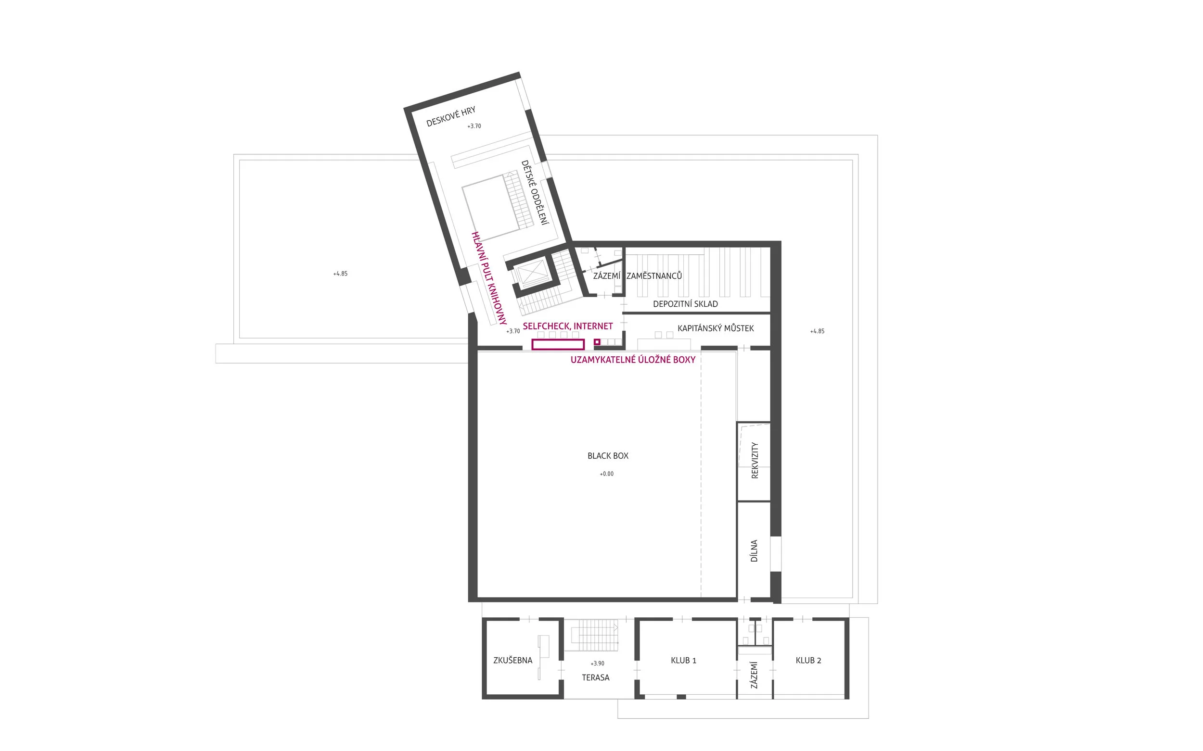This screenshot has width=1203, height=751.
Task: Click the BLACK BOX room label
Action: click(x=608, y=455)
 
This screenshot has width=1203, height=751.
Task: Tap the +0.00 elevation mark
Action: click(x=606, y=474)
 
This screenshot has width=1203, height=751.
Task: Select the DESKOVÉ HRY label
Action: click(x=451, y=116)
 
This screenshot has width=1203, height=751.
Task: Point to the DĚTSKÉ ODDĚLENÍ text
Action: click(x=535, y=192)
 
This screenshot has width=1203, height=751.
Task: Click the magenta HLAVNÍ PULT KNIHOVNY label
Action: click(x=488, y=278)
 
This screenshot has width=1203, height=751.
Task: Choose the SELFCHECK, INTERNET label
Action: click(x=568, y=326)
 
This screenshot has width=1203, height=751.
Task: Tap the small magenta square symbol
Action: click(x=597, y=342)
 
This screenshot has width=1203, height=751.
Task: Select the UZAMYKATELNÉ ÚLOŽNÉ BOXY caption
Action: click(x=633, y=360)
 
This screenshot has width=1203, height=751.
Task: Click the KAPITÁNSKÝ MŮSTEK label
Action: click(x=716, y=328)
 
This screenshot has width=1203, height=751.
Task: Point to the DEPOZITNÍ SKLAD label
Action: click(x=685, y=304)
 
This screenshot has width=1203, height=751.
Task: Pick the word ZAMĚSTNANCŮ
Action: click(x=654, y=276)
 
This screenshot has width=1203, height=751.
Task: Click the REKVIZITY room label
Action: click(x=755, y=461)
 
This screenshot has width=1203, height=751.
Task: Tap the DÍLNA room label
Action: click(x=754, y=551)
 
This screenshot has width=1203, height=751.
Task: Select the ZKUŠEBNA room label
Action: click(x=512, y=661)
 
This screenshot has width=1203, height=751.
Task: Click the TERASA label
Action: click(x=596, y=677)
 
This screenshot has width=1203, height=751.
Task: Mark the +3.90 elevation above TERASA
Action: click(x=597, y=663)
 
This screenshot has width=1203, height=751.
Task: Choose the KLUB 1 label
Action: click(x=683, y=661)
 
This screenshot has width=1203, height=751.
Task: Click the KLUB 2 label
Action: click(x=808, y=661)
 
